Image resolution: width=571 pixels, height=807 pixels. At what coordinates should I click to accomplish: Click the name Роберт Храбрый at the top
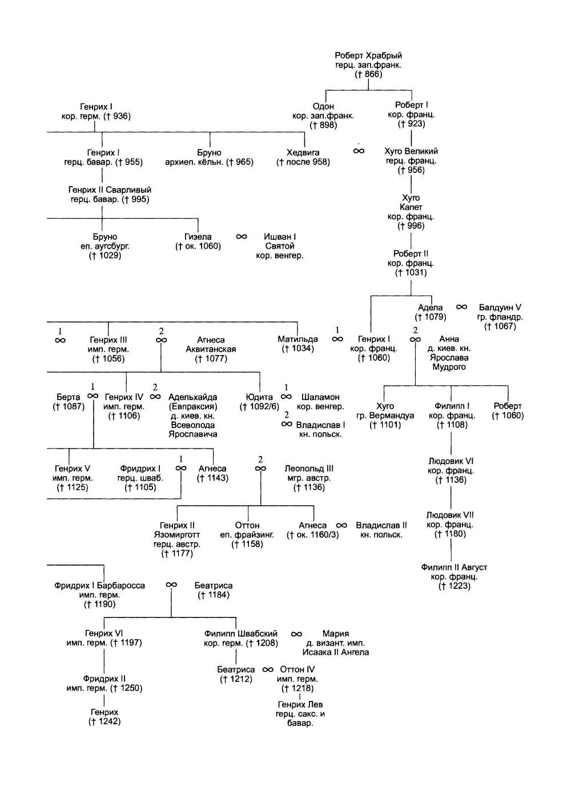point(368,55)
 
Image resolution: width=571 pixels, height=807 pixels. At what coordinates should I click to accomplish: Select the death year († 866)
point(368,74)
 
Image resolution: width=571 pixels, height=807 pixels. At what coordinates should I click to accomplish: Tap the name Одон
point(323,106)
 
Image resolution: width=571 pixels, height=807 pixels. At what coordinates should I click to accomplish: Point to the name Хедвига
point(303,152)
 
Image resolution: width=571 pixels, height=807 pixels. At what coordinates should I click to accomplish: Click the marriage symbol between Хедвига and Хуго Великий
point(359,151)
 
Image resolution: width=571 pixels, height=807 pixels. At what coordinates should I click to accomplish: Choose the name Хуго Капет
point(411,203)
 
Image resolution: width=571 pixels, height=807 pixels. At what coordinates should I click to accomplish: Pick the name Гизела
point(198,236)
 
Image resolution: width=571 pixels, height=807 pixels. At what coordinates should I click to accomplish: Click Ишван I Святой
point(280,241)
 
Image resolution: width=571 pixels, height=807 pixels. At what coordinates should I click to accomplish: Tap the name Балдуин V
point(500,308)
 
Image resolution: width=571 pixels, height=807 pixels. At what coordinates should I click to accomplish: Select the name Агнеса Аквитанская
point(211,344)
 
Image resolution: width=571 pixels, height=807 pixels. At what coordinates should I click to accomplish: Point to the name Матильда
point(297,339)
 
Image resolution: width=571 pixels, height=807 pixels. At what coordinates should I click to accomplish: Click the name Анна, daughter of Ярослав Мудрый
point(449,338)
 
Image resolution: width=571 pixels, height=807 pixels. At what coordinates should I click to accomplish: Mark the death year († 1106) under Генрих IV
point(124,416)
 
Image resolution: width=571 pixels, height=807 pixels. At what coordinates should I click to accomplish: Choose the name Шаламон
point(320,397)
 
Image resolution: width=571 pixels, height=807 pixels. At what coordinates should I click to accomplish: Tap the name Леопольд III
point(309,469)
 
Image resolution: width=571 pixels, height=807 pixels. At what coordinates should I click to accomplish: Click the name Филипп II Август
point(454,567)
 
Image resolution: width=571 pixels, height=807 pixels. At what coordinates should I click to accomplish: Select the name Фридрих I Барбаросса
point(100,586)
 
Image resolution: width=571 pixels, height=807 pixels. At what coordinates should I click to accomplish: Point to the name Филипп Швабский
point(241,634)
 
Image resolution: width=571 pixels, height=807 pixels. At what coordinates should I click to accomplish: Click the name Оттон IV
point(297,669)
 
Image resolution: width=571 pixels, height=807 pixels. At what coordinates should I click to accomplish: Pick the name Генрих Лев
point(300,704)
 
